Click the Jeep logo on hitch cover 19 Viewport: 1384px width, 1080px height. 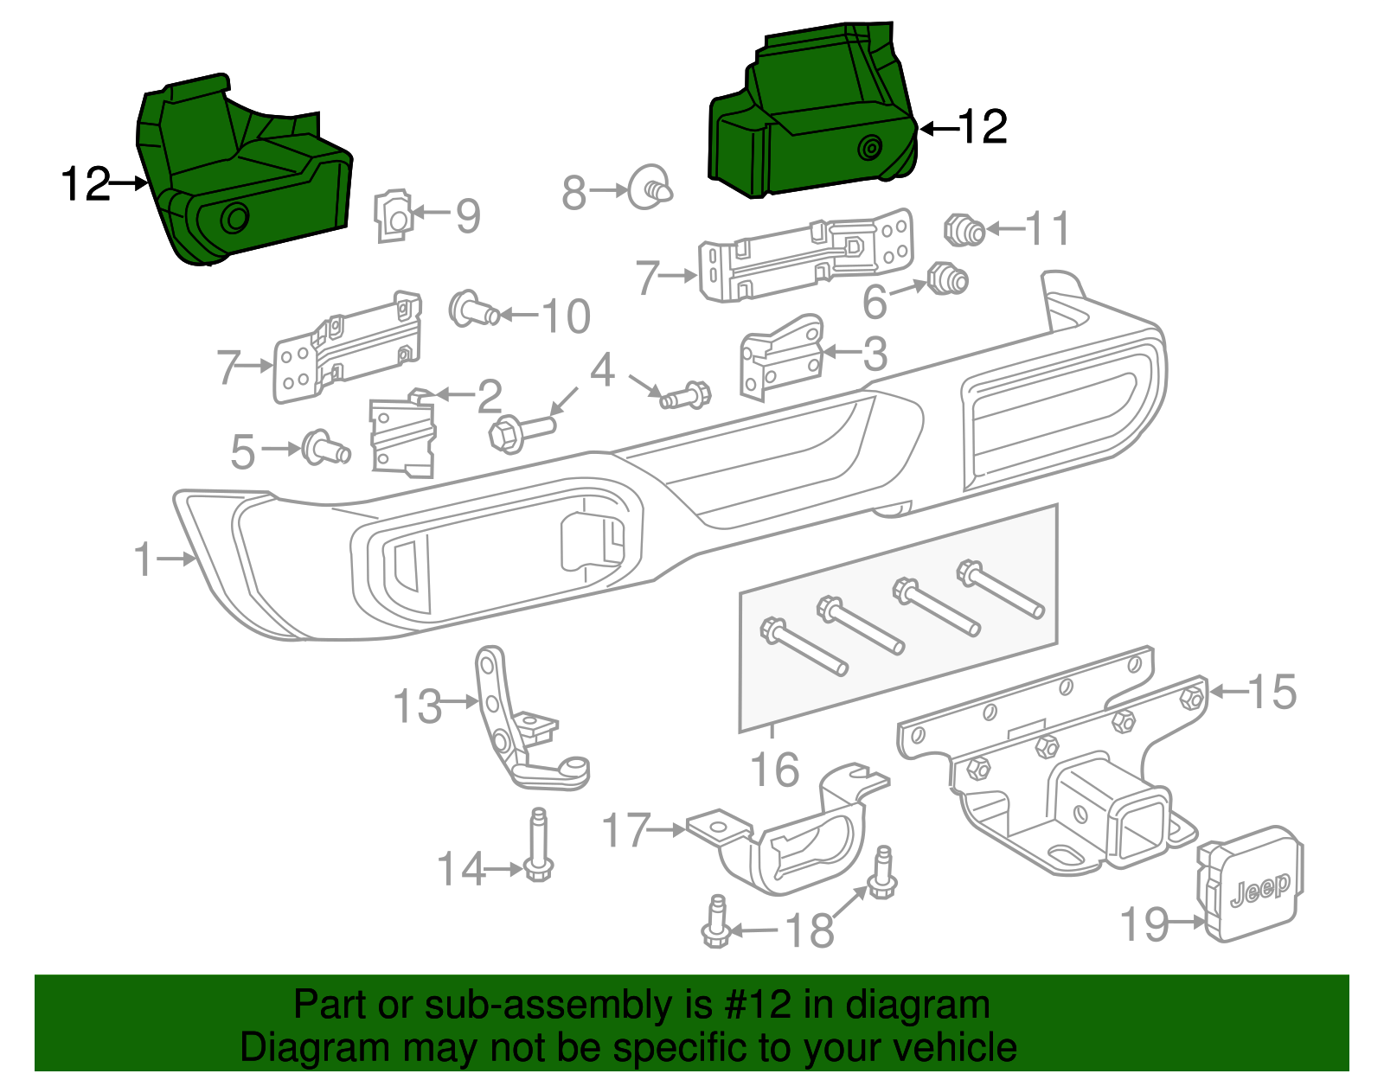click(1259, 890)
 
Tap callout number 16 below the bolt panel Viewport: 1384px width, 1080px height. click(774, 770)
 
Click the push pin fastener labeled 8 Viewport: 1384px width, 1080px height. click(649, 187)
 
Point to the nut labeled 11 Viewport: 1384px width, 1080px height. click(964, 229)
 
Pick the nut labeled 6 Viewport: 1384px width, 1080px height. click(946, 279)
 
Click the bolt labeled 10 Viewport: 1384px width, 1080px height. click(472, 309)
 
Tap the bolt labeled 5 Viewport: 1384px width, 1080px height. click(324, 447)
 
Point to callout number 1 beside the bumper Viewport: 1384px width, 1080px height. click(144, 559)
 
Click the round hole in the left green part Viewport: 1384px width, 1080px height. click(234, 219)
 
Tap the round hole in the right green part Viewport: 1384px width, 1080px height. click(869, 149)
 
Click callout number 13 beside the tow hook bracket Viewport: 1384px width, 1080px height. click(417, 706)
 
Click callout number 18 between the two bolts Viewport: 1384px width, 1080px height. click(809, 930)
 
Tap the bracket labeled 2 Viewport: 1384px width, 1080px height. click(402, 437)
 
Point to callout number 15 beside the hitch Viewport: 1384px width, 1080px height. click(1272, 692)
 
